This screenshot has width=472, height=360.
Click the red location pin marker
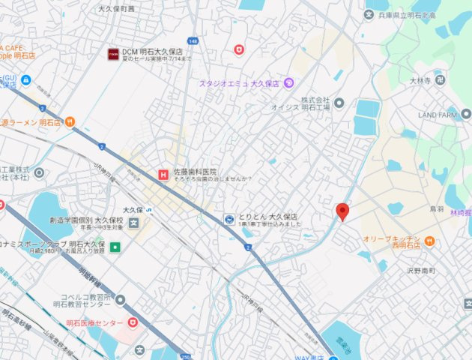(342, 211)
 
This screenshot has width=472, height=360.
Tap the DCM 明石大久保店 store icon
(113, 54)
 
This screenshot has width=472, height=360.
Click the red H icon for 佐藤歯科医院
(162, 175)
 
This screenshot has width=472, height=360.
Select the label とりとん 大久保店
(267, 216)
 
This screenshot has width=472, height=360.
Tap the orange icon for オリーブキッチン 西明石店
(429, 241)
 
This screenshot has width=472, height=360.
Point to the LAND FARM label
(438, 115)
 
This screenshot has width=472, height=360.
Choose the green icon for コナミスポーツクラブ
(115, 247)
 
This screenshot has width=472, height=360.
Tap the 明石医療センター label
(94, 322)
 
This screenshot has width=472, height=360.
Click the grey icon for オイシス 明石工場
(339, 103)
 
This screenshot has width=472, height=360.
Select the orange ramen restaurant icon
(70, 121)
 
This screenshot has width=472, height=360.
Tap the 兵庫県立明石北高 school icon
(369, 14)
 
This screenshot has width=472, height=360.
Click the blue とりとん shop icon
(229, 218)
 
